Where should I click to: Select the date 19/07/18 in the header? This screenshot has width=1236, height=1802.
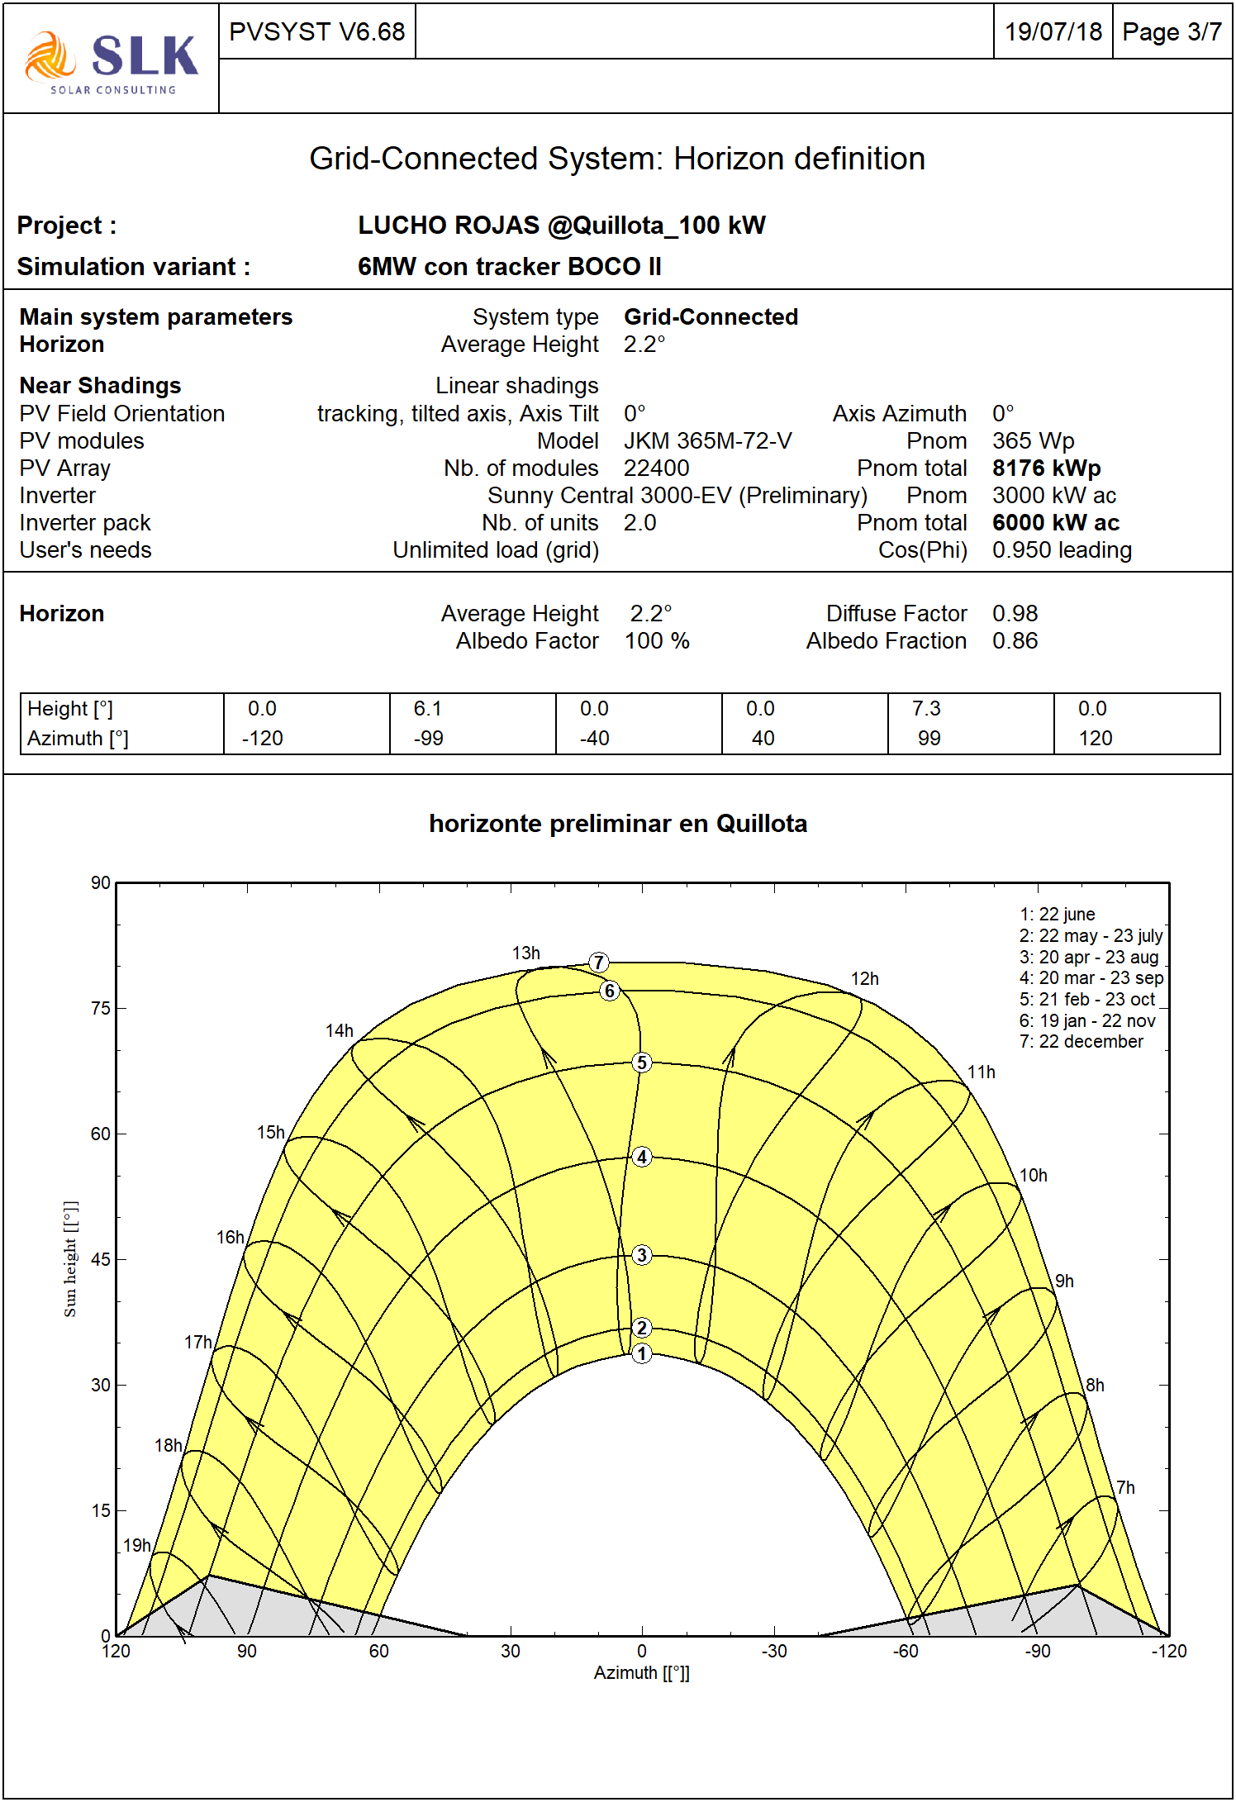(1053, 32)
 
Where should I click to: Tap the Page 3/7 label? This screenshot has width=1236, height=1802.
(1172, 32)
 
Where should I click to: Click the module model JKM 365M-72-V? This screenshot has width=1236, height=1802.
(707, 441)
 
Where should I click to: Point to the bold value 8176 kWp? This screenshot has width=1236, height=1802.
(1046, 468)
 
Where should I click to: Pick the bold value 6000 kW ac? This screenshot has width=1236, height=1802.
(1055, 523)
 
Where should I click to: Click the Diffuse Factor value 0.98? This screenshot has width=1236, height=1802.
(1015, 614)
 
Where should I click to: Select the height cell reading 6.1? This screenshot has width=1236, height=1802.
(428, 709)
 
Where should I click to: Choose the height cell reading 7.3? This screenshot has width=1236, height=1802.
(926, 709)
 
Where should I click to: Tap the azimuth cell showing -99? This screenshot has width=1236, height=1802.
(429, 739)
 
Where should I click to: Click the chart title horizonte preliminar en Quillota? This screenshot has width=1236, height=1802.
(618, 824)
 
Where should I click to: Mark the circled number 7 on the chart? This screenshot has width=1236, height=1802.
(599, 963)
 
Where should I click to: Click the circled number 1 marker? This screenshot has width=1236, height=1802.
(642, 1354)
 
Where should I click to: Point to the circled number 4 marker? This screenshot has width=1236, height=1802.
(642, 1157)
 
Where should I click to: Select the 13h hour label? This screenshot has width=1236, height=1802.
(526, 953)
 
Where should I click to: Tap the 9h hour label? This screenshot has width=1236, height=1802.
(1064, 1281)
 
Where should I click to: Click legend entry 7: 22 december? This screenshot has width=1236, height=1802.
(1081, 1042)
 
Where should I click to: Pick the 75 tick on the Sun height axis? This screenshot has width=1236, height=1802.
(101, 1009)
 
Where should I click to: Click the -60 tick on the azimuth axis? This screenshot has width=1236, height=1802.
(906, 1652)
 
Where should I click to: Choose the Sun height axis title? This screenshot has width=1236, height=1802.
(71, 1259)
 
